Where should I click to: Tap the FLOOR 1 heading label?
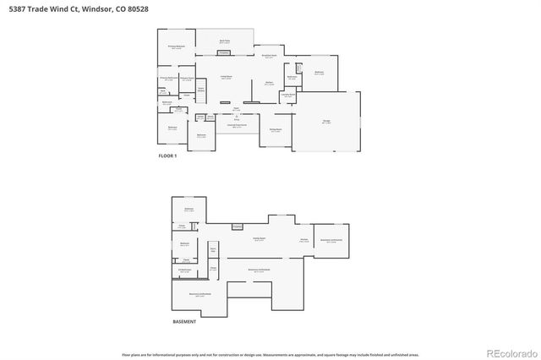[x=167, y=156]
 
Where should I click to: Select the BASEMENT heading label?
[x=183, y=322]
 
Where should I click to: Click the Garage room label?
[x=325, y=122]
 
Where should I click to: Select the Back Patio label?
[x=225, y=41]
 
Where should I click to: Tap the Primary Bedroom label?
[x=177, y=48]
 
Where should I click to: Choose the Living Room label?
[x=227, y=77]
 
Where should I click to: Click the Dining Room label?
[x=276, y=130]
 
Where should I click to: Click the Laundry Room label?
[x=288, y=95]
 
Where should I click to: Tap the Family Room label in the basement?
[x=260, y=240]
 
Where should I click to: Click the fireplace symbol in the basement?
[x=237, y=226]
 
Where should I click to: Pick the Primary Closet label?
[x=187, y=79]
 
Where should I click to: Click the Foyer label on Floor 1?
[x=236, y=109]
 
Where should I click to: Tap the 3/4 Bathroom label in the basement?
[x=184, y=270]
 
